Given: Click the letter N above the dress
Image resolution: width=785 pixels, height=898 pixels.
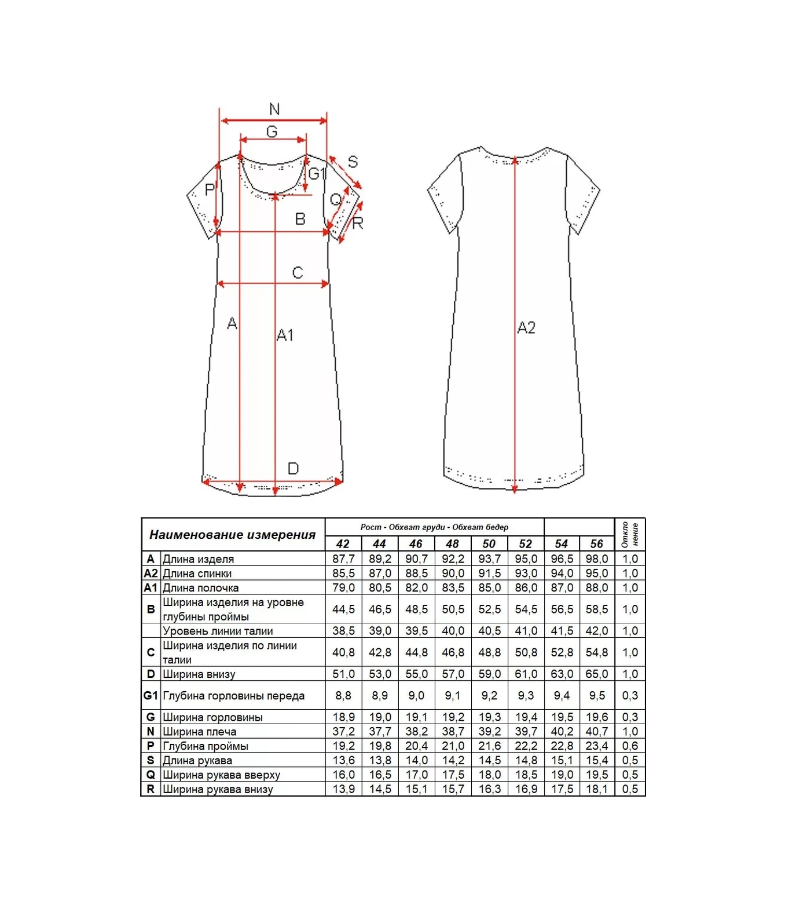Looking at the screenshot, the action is point(274,108).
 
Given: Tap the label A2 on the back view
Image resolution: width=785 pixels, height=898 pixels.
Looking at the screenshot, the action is point(526,327).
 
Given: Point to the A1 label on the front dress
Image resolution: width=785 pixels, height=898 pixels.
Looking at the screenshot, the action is point(285,335).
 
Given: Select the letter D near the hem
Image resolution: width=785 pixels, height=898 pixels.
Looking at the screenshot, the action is point(293,468).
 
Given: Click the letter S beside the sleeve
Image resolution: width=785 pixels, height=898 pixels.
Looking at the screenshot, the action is point(353,162).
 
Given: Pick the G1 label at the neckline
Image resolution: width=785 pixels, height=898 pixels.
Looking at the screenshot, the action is point(317,174).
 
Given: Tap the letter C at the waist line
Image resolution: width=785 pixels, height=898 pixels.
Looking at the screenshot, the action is point(298,272).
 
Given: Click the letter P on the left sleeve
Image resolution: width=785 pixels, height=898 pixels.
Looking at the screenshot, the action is point(210,189).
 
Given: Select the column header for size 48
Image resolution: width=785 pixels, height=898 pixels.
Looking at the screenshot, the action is point(452,544).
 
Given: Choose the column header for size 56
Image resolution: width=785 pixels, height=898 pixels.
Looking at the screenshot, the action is point(596,544).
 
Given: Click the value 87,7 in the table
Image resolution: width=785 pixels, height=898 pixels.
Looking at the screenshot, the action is point(343,558).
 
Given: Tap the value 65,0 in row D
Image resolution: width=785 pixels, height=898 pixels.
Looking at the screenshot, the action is point(596,674).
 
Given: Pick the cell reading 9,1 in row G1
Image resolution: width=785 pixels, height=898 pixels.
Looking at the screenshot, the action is point(453,695).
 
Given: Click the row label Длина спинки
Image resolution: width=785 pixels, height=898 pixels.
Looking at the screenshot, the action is point(197,573).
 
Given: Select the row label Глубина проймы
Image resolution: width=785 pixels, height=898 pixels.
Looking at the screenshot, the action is point(206,746).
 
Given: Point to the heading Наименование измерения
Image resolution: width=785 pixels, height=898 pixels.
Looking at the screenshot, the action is point(232,535).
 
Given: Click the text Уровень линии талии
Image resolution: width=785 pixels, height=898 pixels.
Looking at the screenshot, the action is point(218,631).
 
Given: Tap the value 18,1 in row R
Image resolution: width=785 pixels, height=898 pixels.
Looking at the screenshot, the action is point(596,789).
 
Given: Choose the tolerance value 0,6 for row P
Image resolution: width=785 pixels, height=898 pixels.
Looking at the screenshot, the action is point(630,746).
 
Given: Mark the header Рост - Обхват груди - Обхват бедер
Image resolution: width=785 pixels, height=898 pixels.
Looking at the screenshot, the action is point(434,527).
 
